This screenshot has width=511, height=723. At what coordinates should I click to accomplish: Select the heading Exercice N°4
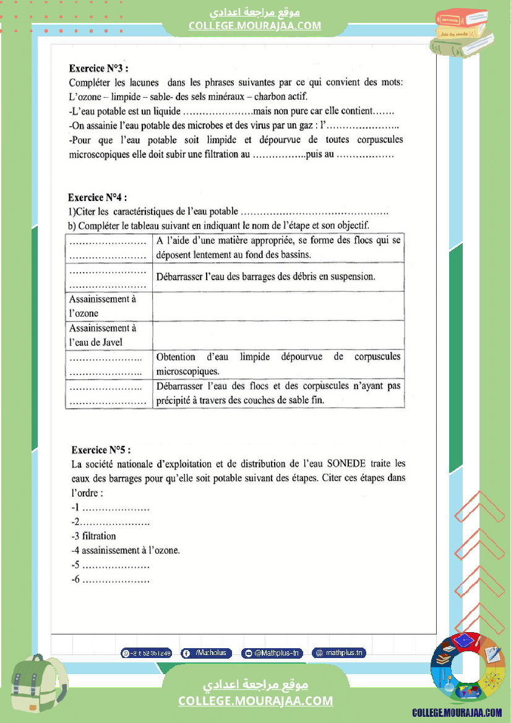click(x=98, y=198)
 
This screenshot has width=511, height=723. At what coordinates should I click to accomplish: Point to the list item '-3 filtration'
click(x=93, y=536)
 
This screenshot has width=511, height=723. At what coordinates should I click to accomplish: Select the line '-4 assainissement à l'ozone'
click(x=126, y=550)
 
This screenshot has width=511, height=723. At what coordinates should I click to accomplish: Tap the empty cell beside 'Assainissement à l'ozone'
click(x=278, y=306)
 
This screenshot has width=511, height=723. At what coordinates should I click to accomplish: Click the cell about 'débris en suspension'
click(x=278, y=276)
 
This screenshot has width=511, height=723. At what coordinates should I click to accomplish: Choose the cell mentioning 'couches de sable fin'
click(x=278, y=393)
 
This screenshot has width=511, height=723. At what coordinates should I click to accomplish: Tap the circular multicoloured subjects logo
click(x=468, y=668)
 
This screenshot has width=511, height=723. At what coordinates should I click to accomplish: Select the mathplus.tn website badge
click(x=338, y=652)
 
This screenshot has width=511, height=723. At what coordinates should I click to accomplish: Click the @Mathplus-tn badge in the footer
click(x=272, y=652)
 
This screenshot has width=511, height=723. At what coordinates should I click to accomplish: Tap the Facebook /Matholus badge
click(x=207, y=652)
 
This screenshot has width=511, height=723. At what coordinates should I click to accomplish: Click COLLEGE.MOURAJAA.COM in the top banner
click(x=255, y=25)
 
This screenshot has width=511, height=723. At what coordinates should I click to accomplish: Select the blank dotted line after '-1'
click(x=116, y=508)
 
